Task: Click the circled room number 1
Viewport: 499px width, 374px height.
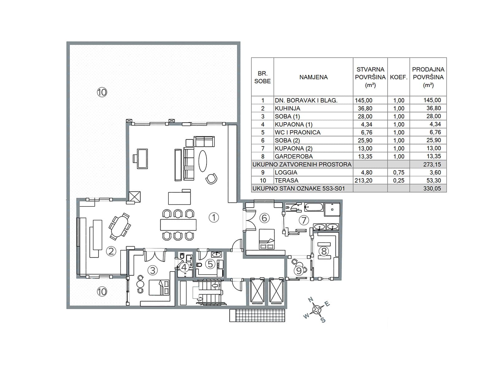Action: coord(213,217)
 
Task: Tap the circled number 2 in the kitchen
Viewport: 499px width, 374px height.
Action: coord(111,251)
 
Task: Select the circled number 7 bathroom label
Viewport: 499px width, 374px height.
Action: coord(304,220)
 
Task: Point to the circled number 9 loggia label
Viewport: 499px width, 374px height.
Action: coord(299,271)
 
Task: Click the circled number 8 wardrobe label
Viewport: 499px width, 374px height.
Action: coord(324,251)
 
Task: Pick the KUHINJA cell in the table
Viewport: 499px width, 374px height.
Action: coord(287,108)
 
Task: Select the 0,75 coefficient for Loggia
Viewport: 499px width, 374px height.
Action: coord(399,173)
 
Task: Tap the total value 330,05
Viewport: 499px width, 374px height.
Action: coord(432,189)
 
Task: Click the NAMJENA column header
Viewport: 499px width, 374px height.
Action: coord(313,77)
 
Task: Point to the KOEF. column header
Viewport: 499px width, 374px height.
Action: coord(399,77)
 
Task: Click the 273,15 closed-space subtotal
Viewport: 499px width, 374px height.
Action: coord(432,165)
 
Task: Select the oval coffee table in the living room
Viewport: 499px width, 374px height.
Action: coord(202,161)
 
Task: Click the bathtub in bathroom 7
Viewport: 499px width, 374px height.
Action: coord(313,207)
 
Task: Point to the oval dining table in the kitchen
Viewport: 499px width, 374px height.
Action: coord(119,226)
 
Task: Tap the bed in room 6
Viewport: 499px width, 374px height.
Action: coord(267,239)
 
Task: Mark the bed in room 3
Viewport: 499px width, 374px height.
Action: coord(159,287)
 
